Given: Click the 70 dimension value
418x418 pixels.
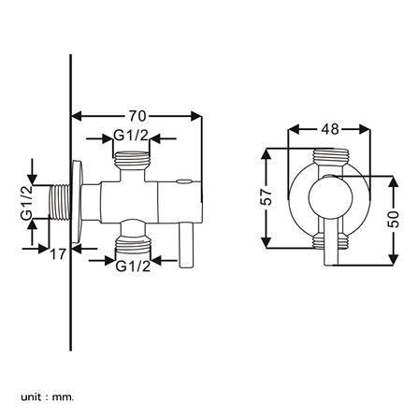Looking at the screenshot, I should point(137,116).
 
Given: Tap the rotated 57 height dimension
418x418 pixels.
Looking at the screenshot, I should point(266,197).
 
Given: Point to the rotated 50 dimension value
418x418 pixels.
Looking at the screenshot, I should point(393,218).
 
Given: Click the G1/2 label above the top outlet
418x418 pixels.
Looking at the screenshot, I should point(131,137).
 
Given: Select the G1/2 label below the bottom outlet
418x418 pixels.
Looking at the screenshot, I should point(132,267).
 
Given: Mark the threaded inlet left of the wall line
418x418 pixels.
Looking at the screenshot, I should point(59,203).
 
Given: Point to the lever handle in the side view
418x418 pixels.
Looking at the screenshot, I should point(186,244).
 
